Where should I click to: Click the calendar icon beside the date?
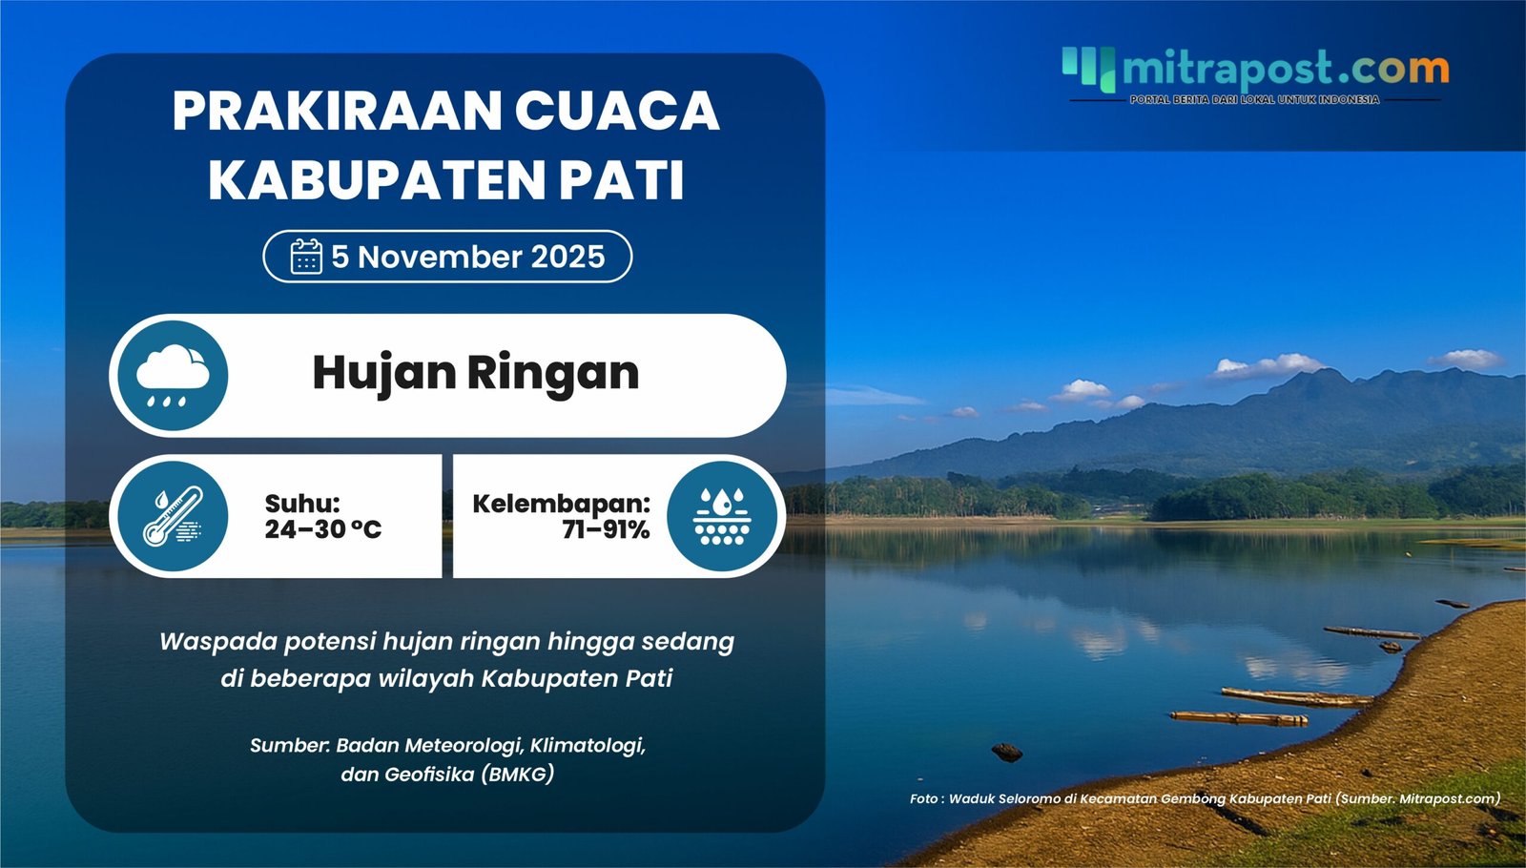tap(306, 257)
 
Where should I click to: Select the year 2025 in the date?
tap(567, 257)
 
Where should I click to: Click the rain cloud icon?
tap(173, 376)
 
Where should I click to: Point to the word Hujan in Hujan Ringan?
tap(384, 373)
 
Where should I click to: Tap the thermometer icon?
tap(173, 516)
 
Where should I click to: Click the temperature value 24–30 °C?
tap(322, 529)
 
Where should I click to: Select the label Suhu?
tap(302, 503)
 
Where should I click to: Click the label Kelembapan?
tap(561, 503)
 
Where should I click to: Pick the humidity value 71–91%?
tap(606, 529)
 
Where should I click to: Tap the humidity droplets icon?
tap(722, 516)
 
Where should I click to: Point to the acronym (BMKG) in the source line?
tap(518, 774)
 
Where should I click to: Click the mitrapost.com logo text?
tap(1285, 69)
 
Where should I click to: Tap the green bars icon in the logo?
tap(1088, 68)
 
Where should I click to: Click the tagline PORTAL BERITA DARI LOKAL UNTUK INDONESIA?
tap(1254, 99)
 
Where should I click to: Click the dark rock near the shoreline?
tap(1007, 753)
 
